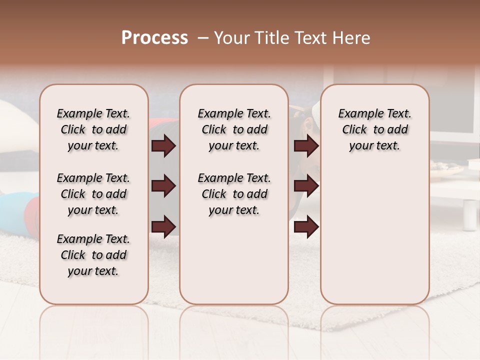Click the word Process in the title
154,38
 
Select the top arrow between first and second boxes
163,146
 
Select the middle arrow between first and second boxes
163,186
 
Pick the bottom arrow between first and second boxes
163,226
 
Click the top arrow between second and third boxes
306,146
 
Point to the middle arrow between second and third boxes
306,186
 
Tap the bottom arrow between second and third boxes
306,226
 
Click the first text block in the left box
93,129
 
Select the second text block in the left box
93,194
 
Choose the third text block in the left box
93,255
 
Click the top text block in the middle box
234,129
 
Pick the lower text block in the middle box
234,194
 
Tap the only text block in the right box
374,129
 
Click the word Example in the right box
356,114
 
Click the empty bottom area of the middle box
234,265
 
